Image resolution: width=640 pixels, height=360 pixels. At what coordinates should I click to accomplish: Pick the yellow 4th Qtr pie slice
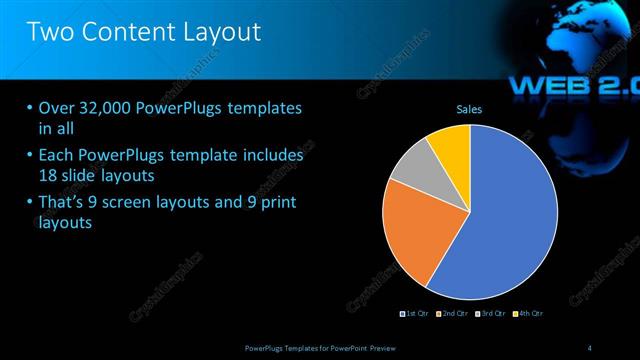click(x=451, y=146)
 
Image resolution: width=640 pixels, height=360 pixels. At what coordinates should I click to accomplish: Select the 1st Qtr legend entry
click(x=413, y=314)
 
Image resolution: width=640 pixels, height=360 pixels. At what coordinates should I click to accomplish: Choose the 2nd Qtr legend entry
click(x=452, y=314)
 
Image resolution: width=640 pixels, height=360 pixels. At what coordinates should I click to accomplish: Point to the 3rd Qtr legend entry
click(x=490, y=314)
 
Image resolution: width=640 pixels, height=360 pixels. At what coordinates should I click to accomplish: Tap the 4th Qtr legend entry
click(x=528, y=314)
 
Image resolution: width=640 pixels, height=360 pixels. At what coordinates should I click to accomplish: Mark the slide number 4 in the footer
click(x=590, y=347)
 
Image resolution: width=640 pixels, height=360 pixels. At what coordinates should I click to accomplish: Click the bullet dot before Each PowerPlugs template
click(x=30, y=157)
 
